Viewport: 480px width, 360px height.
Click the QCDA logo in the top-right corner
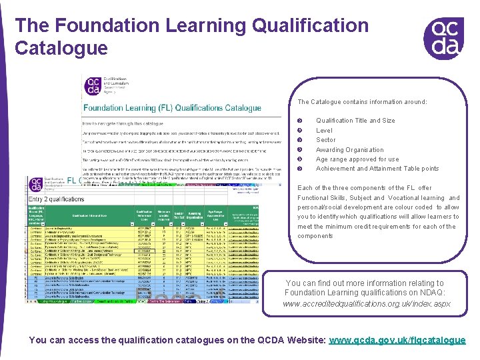click(x=443, y=37)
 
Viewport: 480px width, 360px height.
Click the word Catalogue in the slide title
click(x=61, y=48)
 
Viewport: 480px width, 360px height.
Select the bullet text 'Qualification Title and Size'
click(x=355, y=121)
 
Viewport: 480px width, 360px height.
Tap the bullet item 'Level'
click(x=324, y=131)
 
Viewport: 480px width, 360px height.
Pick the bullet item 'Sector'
click(x=326, y=140)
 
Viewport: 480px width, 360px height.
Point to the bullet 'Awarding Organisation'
click(x=350, y=150)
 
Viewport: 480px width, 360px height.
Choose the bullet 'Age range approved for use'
click(x=357, y=159)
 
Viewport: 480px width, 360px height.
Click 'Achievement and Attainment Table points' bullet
click(x=377, y=169)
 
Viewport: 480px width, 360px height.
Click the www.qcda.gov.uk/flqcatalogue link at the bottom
click(x=397, y=340)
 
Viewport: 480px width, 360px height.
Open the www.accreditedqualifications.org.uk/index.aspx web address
click(x=367, y=304)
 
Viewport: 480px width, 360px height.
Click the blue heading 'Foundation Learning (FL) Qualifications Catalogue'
click(x=172, y=108)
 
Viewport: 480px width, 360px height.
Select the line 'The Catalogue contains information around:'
click(x=362, y=102)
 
